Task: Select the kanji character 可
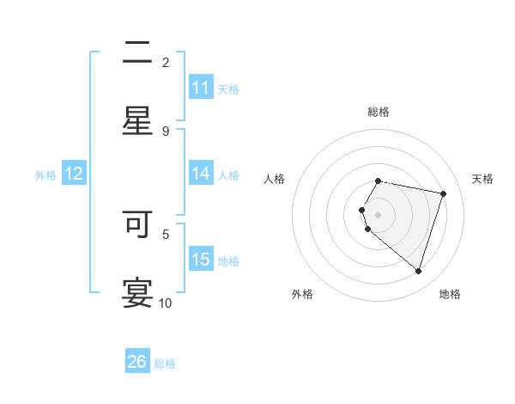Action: (138, 224)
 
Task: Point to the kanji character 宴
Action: (138, 292)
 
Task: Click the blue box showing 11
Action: (201, 88)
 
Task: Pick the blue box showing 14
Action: (201, 174)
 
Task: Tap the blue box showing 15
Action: (201, 260)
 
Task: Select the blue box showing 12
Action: (74, 174)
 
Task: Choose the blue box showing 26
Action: (137, 362)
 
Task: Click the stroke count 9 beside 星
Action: (166, 132)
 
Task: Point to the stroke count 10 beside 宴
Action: (166, 303)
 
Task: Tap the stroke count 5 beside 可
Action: (166, 233)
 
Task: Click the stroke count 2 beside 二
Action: (166, 63)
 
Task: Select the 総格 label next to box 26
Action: (165, 364)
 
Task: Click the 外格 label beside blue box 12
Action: (45, 175)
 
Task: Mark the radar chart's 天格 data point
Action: (444, 193)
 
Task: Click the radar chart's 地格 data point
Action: (418, 271)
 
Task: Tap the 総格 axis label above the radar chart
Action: (379, 112)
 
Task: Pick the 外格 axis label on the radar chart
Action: (302, 294)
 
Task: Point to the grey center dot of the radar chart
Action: (379, 214)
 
